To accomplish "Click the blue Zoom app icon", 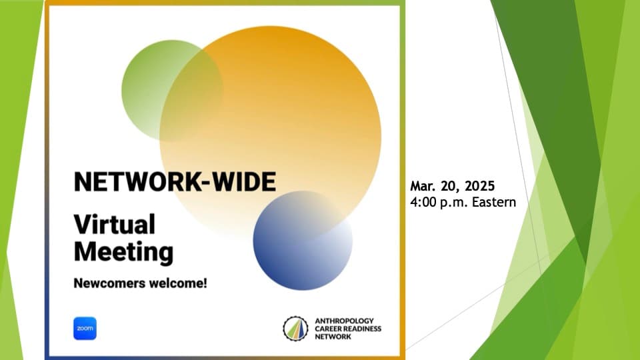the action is [85, 328].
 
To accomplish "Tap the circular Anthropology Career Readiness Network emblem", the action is [295, 329].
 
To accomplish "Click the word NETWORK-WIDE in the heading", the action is [175, 181].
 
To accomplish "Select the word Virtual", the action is [115, 225].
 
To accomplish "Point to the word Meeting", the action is [124, 252].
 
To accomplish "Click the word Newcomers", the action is [109, 283].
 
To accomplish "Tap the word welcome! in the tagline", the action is [178, 283].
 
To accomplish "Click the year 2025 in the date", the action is [479, 186].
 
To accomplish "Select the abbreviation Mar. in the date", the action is [423, 186].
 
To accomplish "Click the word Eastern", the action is [494, 202].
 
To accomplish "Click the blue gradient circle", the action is [303, 241].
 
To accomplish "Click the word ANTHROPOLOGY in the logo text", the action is [344, 321].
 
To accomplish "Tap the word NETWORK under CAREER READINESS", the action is [333, 337].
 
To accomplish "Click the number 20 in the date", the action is [451, 186].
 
